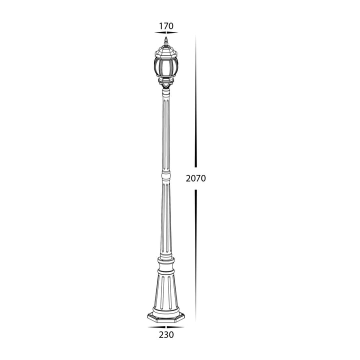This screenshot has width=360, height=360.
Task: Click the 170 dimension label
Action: (x=166, y=26)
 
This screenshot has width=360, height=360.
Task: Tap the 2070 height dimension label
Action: (x=196, y=178)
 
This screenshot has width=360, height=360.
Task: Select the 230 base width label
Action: (x=166, y=334)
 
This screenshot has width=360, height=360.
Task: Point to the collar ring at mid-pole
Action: (x=166, y=175)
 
